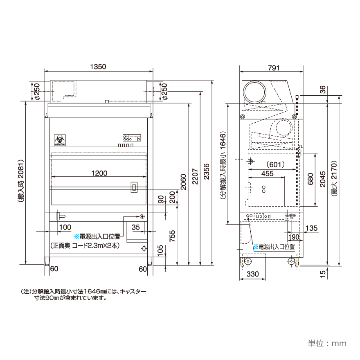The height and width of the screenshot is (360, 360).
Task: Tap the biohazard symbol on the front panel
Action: point(59,139)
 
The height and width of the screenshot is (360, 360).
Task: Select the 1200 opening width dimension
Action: point(99,173)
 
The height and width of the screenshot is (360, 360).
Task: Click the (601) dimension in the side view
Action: point(272,164)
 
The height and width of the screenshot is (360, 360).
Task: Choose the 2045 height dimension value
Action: point(322,180)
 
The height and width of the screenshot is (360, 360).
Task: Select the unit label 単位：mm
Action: point(327,342)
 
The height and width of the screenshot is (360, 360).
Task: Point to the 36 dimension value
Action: point(322,90)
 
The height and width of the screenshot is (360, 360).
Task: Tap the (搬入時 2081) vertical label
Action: point(20,180)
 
